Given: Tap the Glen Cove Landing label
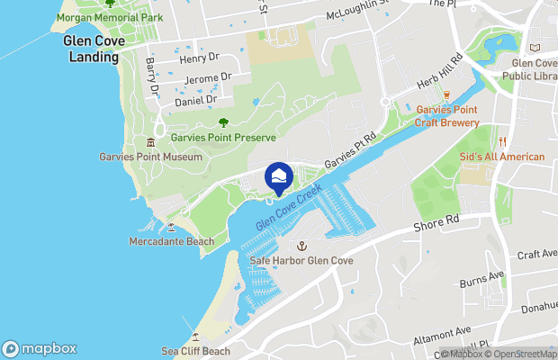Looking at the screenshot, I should point(92,49).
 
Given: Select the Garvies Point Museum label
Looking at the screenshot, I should point(150,157).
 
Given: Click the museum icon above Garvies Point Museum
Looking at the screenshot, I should point(150,142).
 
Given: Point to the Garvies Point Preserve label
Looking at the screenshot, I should point(223,137).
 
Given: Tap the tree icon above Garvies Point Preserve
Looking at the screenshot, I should point(223,122).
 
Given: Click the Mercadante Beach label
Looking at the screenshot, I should point(172,242).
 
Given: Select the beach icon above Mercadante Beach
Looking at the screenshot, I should point(171,227).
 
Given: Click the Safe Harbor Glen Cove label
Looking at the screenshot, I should point(301,261).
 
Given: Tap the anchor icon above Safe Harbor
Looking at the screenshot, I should point(302,245).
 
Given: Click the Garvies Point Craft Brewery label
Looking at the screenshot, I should point(446,116).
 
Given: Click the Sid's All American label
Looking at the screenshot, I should point(502,157).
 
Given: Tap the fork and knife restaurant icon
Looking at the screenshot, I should point(502,141).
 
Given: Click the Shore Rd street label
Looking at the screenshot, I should point(436,222).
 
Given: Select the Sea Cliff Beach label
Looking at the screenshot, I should point(195,351).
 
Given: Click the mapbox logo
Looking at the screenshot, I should point(40,349).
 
